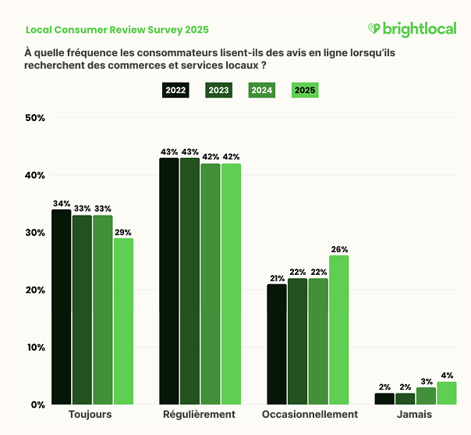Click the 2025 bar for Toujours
(x=123, y=321)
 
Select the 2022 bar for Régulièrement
(x=169, y=281)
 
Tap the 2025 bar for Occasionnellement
(x=338, y=330)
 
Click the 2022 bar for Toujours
(x=62, y=307)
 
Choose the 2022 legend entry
(x=175, y=91)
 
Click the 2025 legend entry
(x=304, y=91)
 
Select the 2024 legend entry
(x=261, y=91)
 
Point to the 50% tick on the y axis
(x=36, y=118)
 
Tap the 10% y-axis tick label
(x=36, y=348)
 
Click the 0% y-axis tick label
(x=38, y=405)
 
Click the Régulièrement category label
(x=200, y=415)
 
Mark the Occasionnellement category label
(x=310, y=415)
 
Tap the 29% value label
(x=123, y=232)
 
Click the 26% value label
(x=338, y=249)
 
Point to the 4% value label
(x=446, y=376)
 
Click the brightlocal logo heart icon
(x=374, y=30)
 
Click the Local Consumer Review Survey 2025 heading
(x=117, y=30)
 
